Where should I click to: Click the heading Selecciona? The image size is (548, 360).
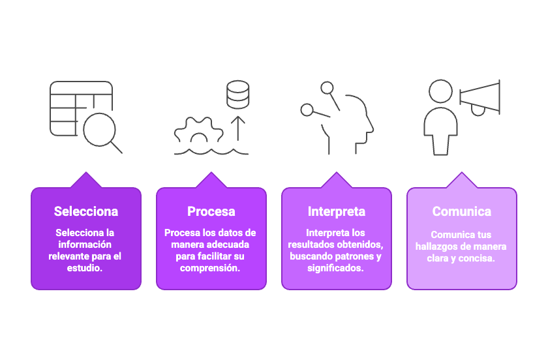(x=86, y=211)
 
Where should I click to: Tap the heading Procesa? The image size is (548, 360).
(x=211, y=211)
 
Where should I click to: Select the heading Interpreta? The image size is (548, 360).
(x=337, y=211)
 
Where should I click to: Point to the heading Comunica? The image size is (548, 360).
(x=462, y=211)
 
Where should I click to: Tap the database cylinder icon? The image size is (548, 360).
(x=237, y=95)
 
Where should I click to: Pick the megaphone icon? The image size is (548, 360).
(x=480, y=96)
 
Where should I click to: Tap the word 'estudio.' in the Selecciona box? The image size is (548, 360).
(x=86, y=267)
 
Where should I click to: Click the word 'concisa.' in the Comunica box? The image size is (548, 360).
(x=478, y=258)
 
